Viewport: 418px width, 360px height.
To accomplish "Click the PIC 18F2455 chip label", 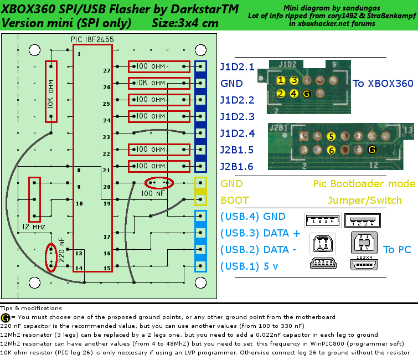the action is [92, 39].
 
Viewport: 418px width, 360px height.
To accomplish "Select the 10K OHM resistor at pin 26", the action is [159, 83].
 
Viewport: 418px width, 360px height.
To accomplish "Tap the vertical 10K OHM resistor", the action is [51, 92].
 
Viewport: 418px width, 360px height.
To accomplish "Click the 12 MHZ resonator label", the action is [34, 227].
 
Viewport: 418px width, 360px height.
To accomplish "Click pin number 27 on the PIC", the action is [107, 71].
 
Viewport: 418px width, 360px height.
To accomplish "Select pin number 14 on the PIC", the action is [79, 268].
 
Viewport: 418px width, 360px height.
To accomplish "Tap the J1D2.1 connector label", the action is [238, 67].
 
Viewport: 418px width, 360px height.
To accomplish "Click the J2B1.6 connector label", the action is [237, 166].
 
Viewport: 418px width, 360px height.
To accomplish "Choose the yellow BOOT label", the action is [235, 200].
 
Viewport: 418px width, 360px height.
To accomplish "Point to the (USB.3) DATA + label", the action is [260, 233].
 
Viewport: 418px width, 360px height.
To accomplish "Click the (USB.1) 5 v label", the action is [249, 266].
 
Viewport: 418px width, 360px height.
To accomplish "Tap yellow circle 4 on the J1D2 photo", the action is [294, 94].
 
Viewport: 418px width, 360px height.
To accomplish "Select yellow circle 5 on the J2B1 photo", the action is [331, 137].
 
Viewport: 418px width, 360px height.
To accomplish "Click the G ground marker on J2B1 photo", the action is [372, 150].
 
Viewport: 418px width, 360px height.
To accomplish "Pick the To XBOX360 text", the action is [383, 84].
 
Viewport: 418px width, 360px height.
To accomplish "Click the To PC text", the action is [397, 250].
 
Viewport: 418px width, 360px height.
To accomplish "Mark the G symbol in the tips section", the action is [6, 317].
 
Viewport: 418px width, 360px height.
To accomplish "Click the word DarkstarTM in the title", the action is [204, 9].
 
